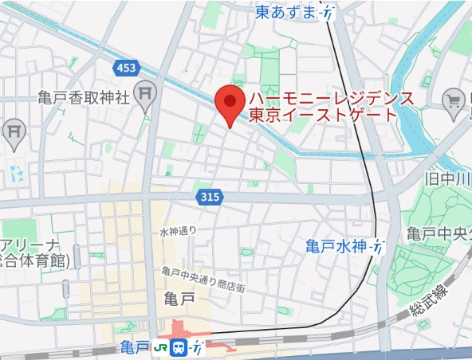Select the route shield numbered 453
click(125, 68)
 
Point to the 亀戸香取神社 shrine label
click(83, 97)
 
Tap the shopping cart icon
click(454, 100)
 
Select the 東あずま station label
click(285, 12)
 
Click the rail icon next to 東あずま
click(327, 12)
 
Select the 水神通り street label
click(178, 232)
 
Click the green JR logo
click(161, 347)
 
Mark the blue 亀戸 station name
click(136, 347)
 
